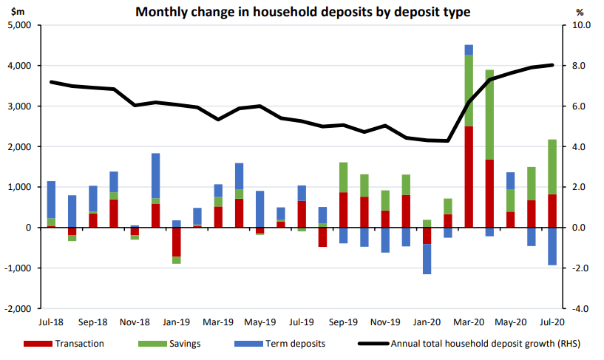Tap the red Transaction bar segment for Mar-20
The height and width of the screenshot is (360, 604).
point(469,177)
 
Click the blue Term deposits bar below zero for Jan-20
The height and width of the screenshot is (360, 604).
point(427,259)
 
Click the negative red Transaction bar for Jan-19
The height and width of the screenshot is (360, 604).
point(177,242)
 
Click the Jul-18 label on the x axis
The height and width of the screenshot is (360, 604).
point(51,322)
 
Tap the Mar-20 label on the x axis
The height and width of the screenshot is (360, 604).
point(469,322)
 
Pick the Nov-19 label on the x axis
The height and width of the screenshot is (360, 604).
point(385,322)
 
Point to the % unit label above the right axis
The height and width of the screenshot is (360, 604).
point(580,13)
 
